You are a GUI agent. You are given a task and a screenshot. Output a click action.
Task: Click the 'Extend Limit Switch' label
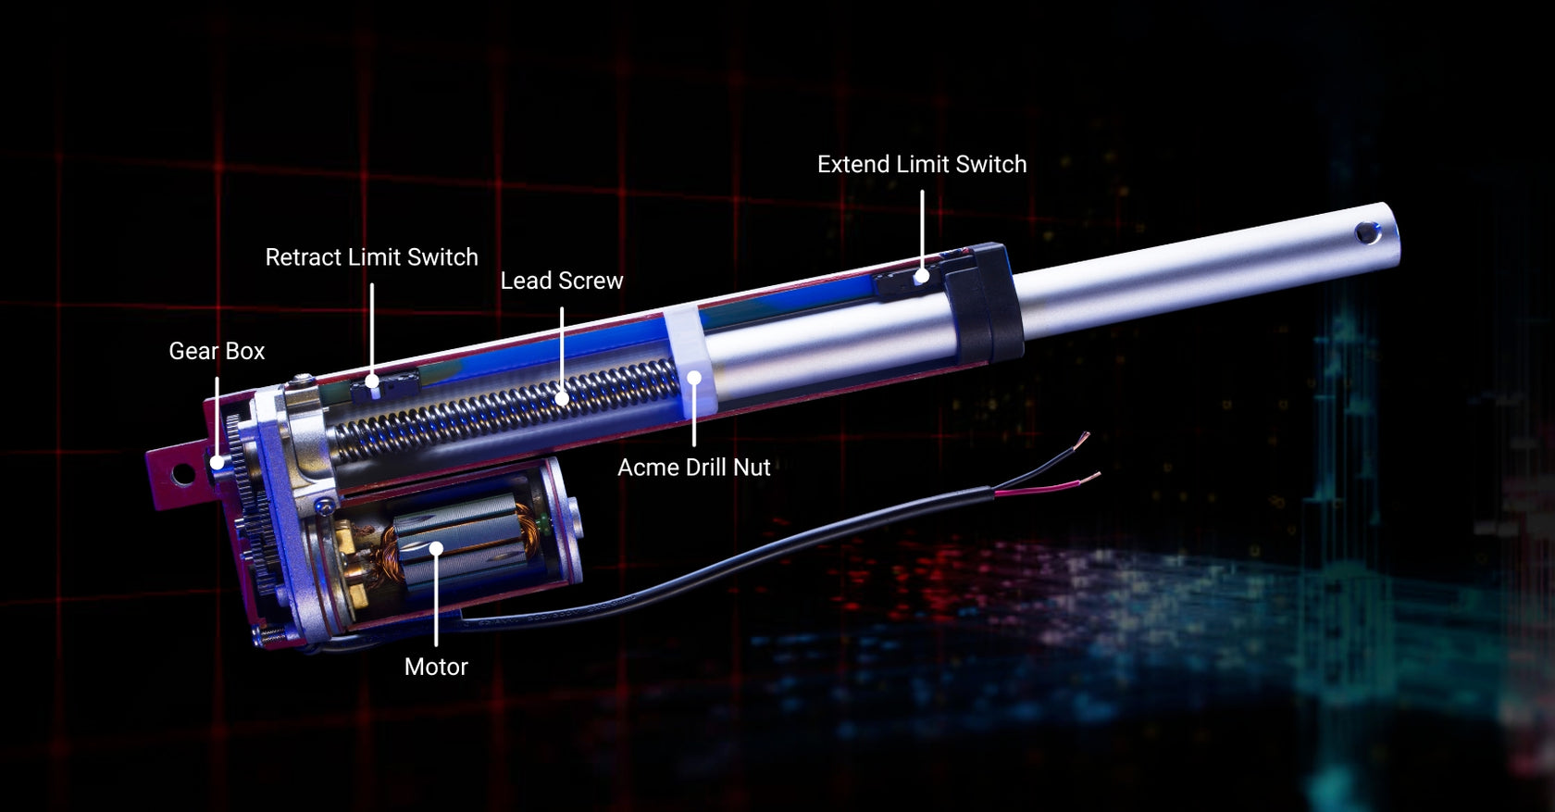[921, 165]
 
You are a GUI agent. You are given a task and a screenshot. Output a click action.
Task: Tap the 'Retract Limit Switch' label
[371, 257]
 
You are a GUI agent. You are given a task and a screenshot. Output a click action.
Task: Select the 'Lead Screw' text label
[562, 281]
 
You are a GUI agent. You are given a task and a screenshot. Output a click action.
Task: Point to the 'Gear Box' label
[217, 351]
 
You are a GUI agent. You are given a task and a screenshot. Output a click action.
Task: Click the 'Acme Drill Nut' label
[693, 468]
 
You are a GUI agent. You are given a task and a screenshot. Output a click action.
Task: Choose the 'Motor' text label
[436, 667]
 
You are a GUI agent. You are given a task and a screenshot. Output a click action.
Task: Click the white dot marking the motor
[436, 549]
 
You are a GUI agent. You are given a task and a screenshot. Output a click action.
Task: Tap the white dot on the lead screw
[562, 399]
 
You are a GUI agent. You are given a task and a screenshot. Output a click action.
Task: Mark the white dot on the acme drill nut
[694, 378]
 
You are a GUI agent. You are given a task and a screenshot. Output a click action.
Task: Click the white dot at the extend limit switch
[922, 276]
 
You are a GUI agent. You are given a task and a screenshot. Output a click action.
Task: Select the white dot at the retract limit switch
[372, 381]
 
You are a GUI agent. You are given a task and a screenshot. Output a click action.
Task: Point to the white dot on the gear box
[217, 462]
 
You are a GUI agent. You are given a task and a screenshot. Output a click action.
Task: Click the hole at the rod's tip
[1367, 233]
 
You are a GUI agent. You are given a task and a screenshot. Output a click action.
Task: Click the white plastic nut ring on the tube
[685, 356]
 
